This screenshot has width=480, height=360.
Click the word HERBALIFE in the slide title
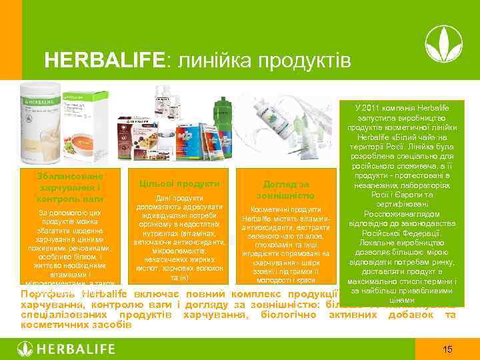coord(106,61)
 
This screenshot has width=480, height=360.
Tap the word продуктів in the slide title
coord(303,61)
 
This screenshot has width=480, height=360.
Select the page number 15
coord(448,349)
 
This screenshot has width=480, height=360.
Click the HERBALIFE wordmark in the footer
coord(76,349)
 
